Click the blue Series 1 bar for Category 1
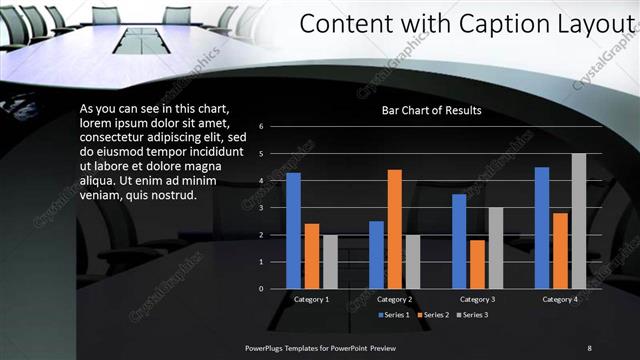[x=293, y=231]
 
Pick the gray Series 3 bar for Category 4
[x=578, y=221]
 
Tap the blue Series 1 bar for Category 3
[x=459, y=241]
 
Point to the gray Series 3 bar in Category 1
[x=330, y=262]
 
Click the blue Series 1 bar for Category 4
[x=542, y=228]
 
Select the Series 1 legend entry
[x=394, y=315]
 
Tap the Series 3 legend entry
[x=475, y=315]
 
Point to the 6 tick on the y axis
[x=260, y=127]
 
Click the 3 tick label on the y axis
[x=260, y=208]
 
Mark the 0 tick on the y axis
[x=260, y=289]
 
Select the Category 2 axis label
[x=394, y=299]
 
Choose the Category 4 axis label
[x=560, y=299]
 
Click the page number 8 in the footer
[x=589, y=347]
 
